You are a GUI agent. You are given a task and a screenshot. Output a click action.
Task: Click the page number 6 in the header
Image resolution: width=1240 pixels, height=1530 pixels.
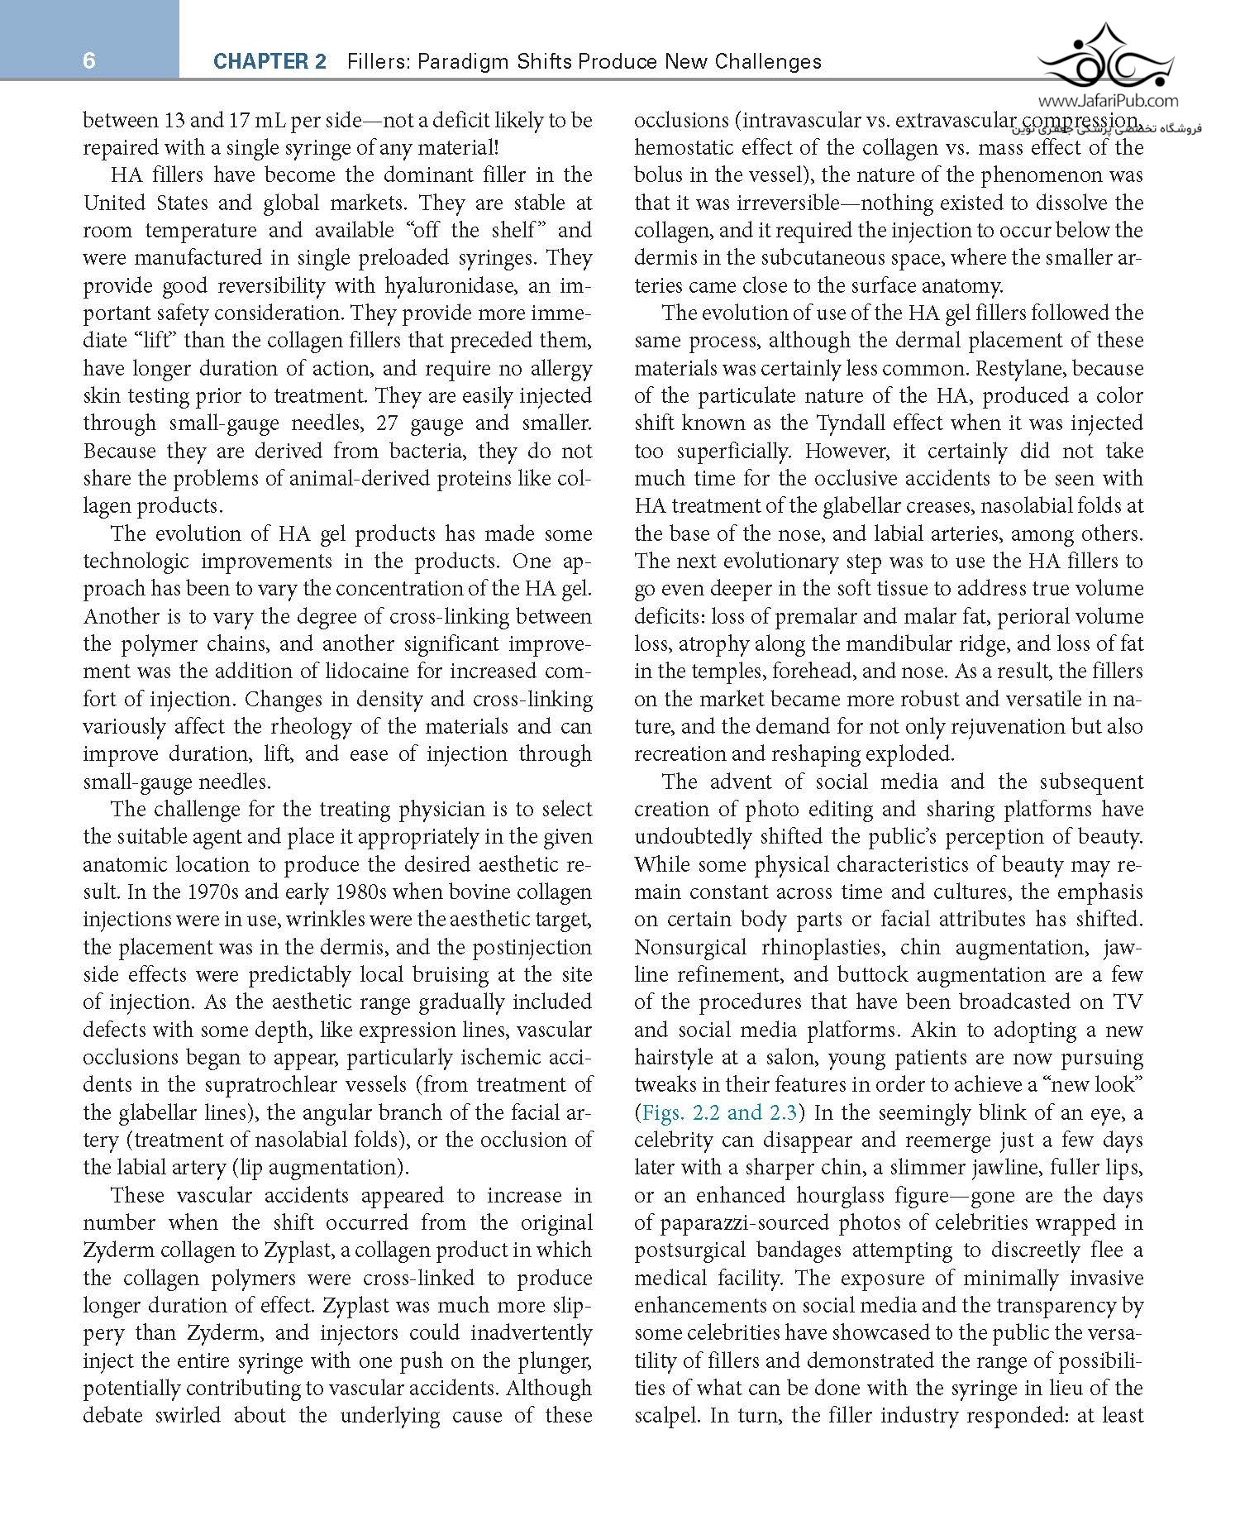89,60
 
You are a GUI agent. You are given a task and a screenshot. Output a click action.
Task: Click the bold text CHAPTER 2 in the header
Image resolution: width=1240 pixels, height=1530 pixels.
269,61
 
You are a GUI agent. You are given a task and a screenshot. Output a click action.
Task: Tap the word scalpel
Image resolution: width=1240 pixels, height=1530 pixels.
667,1415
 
